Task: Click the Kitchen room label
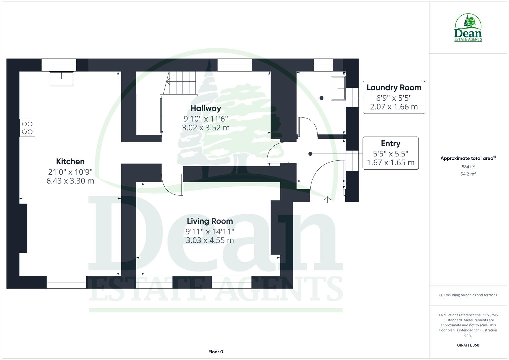(70, 162)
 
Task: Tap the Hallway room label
(206, 108)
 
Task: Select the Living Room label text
(210, 221)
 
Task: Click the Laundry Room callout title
(394, 88)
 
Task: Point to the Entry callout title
(390, 143)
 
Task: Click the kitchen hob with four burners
(27, 128)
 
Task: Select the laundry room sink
(338, 88)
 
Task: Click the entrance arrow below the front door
(327, 199)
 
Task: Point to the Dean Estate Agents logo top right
(468, 28)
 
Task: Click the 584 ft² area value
(468, 167)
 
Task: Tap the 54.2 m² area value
(468, 174)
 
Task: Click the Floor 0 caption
(216, 352)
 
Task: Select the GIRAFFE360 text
(468, 345)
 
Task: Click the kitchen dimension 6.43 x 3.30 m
(70, 181)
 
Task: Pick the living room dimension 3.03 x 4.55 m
(210, 240)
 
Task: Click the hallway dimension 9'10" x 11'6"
(206, 118)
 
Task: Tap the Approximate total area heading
(467, 158)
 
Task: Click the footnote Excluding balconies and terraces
(468, 295)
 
